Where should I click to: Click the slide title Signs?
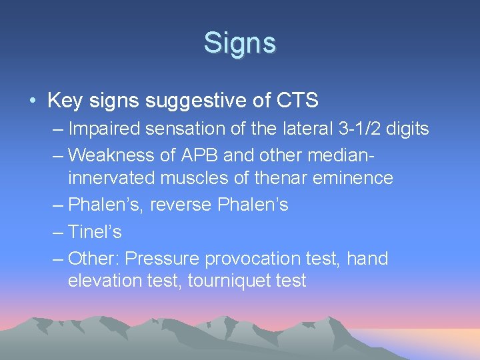(x=239, y=43)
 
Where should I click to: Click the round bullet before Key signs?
(x=33, y=101)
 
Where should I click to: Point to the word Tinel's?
(x=95, y=231)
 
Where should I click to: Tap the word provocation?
(x=251, y=258)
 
